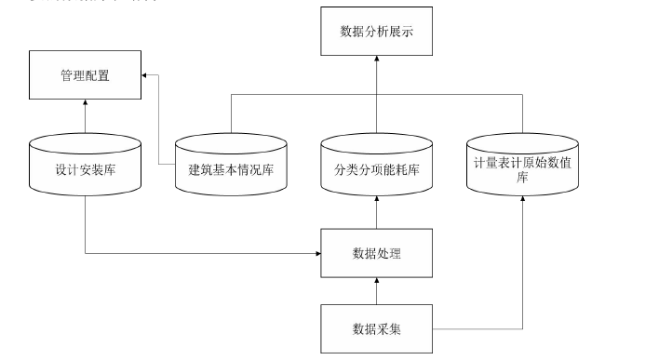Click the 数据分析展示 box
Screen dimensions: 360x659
click(x=377, y=32)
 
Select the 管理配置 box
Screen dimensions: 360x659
click(x=85, y=76)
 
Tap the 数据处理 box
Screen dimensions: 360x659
click(x=377, y=253)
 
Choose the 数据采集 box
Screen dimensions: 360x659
click(x=377, y=329)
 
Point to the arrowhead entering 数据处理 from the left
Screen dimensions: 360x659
click(x=316, y=253)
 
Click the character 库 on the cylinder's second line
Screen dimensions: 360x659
click(x=522, y=178)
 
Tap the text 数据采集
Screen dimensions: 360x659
click(x=377, y=329)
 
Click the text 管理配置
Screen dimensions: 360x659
click(x=85, y=76)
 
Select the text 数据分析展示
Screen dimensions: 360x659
click(x=377, y=32)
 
